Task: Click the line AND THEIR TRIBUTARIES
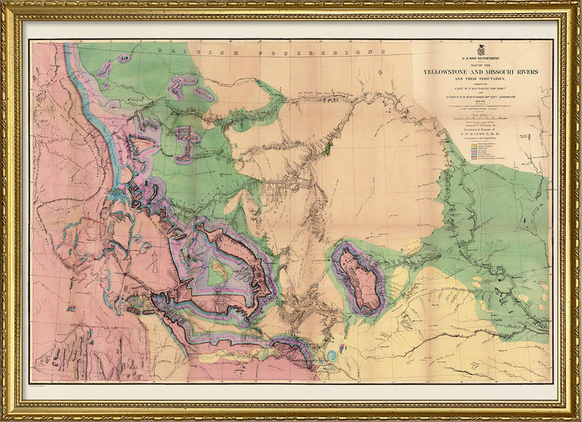pyautogui.click(x=475, y=80)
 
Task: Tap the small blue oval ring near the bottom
pyautogui.click(x=331, y=357)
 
